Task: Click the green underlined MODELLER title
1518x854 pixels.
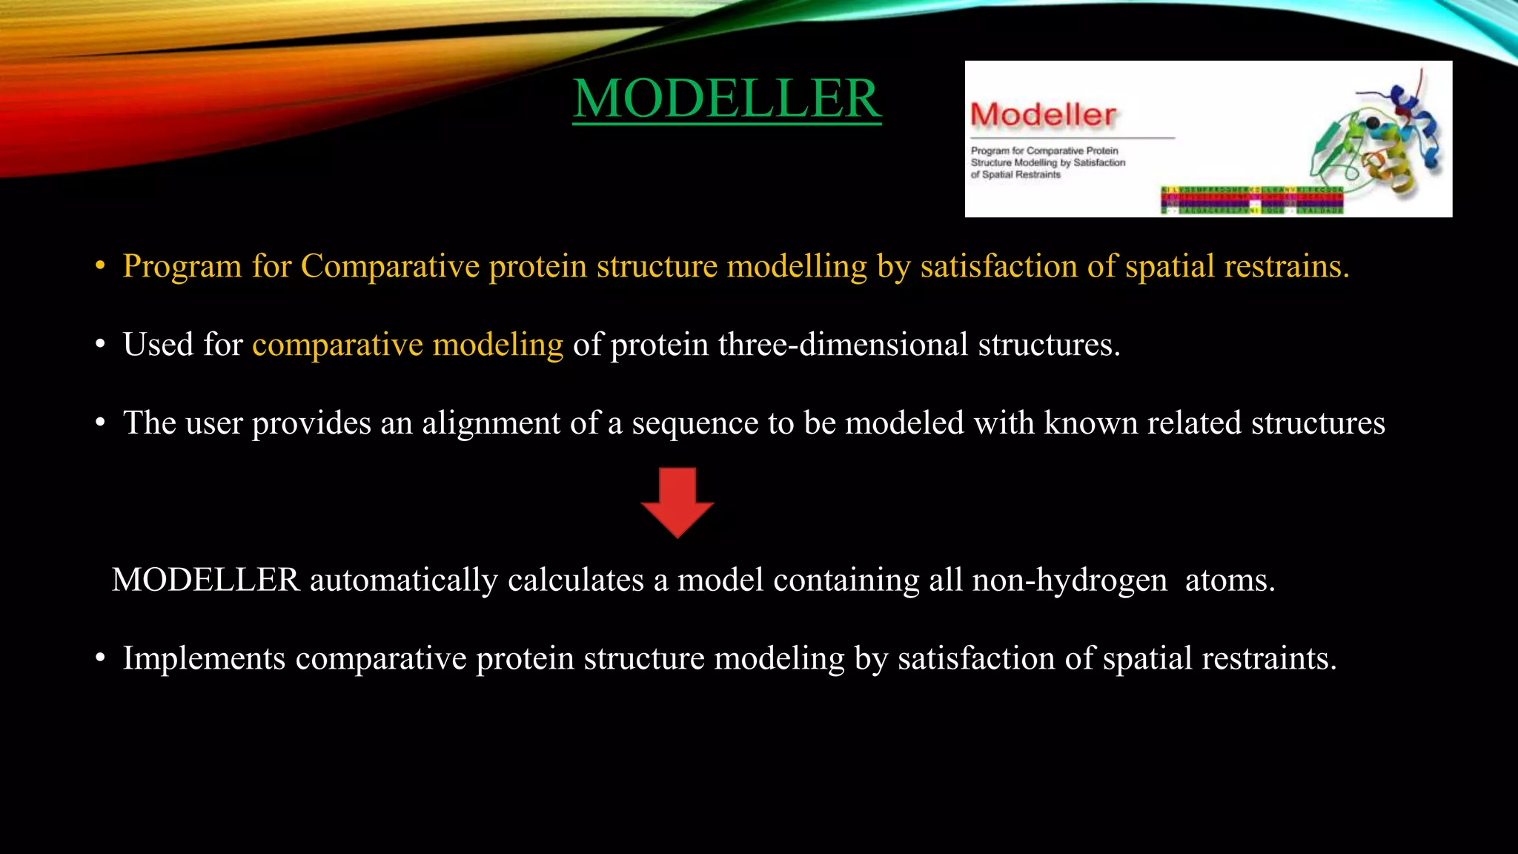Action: pyautogui.click(x=726, y=99)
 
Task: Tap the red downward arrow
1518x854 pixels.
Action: pyautogui.click(x=677, y=502)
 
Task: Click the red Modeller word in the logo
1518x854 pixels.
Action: pyautogui.click(x=1043, y=115)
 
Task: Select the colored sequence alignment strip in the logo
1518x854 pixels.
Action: pyautogui.click(x=1251, y=200)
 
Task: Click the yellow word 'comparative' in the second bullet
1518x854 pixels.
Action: pyautogui.click(x=337, y=345)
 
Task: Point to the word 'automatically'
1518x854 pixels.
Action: pyautogui.click(x=403, y=580)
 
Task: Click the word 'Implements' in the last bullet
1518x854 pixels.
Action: pyautogui.click(x=204, y=659)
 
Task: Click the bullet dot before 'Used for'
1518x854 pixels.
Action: pyautogui.click(x=101, y=345)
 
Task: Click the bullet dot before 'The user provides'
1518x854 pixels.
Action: pyautogui.click(x=101, y=424)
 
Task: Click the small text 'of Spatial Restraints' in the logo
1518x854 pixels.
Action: pyautogui.click(x=1015, y=175)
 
